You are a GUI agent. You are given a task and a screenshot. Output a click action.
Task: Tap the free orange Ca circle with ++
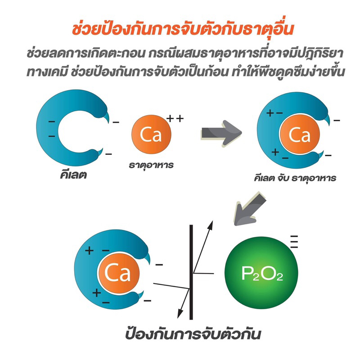click(x=151, y=135)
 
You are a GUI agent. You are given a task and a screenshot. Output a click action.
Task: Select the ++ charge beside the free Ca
click(x=175, y=118)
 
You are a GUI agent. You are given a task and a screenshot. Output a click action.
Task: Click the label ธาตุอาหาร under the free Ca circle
click(x=151, y=165)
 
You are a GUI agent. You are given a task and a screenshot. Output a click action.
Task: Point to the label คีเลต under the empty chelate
click(x=73, y=175)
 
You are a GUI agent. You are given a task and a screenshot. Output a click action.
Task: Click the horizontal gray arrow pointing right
click(x=221, y=133)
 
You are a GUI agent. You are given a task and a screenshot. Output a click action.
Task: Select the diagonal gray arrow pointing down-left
click(x=249, y=209)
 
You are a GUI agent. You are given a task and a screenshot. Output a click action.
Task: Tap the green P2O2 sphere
click(x=261, y=273)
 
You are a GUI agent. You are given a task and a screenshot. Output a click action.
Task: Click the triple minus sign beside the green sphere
click(x=294, y=242)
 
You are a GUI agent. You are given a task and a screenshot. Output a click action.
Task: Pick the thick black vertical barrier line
click(x=191, y=272)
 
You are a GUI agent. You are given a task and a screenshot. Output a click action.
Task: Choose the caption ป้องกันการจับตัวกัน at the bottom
click(x=193, y=334)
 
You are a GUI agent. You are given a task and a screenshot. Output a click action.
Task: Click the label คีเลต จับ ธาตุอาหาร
click(x=295, y=178)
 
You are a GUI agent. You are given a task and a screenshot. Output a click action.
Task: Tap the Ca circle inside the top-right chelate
click(x=300, y=135)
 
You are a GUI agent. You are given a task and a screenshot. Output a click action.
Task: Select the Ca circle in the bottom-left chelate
click(x=119, y=273)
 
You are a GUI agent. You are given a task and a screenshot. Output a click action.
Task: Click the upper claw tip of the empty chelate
click(x=108, y=122)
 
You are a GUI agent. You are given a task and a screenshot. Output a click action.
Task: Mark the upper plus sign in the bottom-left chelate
click(x=89, y=251)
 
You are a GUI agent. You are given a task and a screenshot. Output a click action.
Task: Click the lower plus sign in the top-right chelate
click(x=275, y=152)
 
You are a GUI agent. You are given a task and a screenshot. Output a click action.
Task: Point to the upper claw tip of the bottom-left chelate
click(x=149, y=263)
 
